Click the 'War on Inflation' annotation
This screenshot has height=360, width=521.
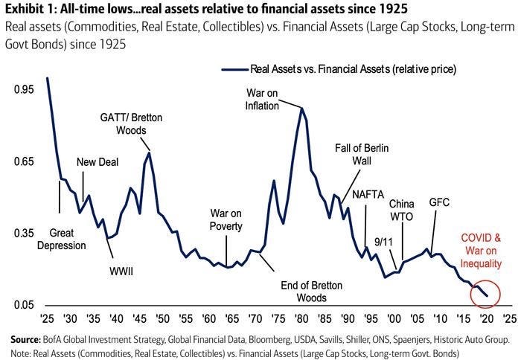pos(263,99)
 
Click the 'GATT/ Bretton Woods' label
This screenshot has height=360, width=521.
pos(131,123)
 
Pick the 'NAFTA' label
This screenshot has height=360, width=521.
pos(368,195)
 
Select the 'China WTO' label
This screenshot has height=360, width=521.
pos(402,209)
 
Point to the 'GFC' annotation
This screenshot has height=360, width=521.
pos(439,202)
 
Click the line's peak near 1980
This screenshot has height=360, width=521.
pos(301,109)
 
